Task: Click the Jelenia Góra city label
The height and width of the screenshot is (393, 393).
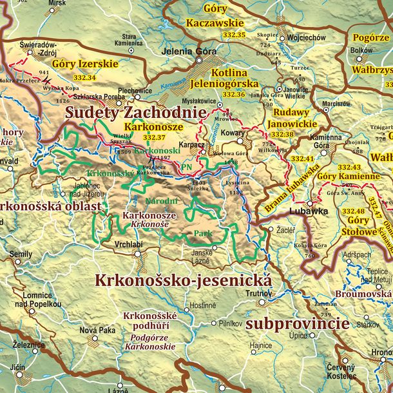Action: pyautogui.click(x=189, y=52)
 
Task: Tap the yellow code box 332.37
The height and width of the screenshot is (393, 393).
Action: pyautogui.click(x=154, y=137)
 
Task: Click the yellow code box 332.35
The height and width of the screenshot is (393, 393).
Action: pyautogui.click(x=232, y=34)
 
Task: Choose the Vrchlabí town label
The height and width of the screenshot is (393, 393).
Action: pyautogui.click(x=129, y=244)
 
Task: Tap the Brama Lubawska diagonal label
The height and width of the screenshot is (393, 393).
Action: pyautogui.click(x=291, y=189)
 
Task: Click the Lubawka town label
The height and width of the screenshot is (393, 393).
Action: pyautogui.click(x=309, y=211)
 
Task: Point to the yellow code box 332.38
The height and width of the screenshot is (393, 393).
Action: pyautogui.click(x=282, y=135)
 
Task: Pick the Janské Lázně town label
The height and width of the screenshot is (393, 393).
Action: pyautogui.click(x=202, y=256)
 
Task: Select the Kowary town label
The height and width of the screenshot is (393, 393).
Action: pyautogui.click(x=233, y=132)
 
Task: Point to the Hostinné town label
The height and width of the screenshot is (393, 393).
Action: pyautogui.click(x=202, y=305)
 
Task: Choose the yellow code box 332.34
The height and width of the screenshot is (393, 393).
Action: pyautogui.click(x=84, y=77)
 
